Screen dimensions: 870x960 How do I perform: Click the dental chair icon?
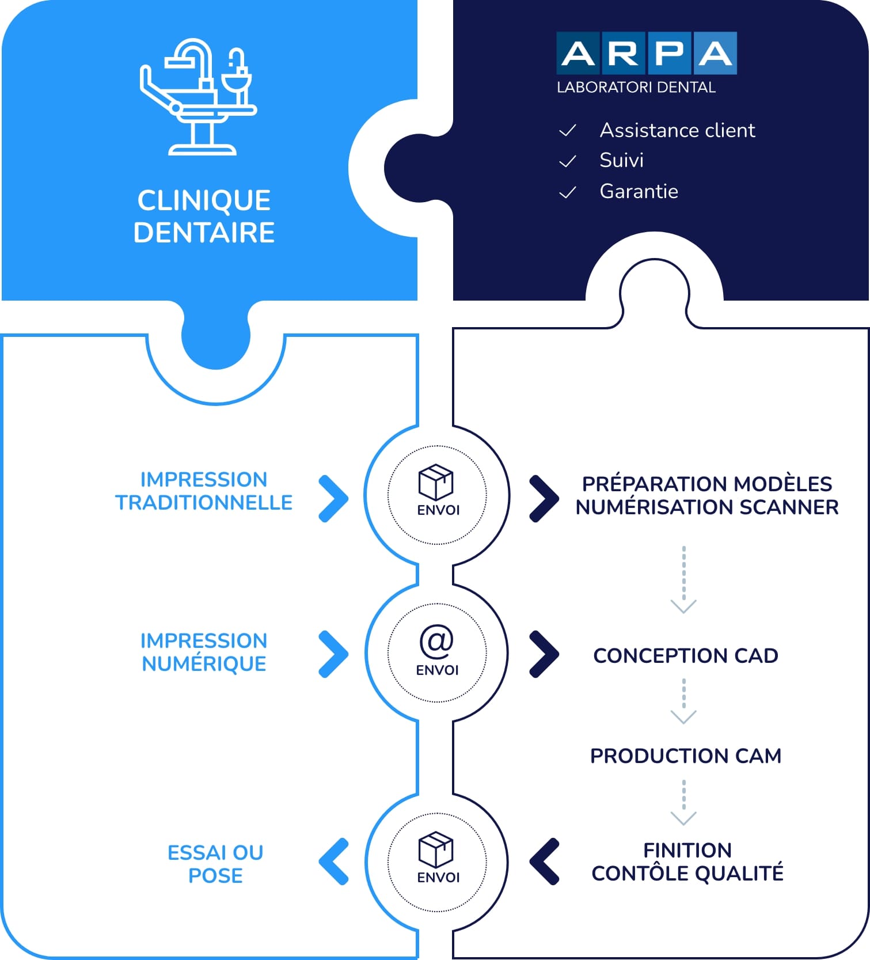tap(198, 97)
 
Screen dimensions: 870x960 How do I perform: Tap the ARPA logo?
tap(647, 53)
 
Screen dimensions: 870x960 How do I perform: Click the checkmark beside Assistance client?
tap(568, 131)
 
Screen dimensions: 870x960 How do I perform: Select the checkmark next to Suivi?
tap(568, 161)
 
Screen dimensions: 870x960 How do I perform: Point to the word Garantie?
tap(639, 191)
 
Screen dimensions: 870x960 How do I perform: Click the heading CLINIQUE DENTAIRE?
tap(204, 217)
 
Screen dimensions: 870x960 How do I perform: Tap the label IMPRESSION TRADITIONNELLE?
tap(204, 491)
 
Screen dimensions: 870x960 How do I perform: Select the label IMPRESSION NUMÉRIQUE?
tap(204, 652)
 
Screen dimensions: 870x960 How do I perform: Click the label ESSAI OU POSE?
tap(215, 864)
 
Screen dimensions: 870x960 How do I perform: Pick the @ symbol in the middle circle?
tap(436, 641)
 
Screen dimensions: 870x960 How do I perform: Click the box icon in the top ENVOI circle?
tap(436, 482)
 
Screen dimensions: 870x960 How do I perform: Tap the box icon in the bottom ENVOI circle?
tap(436, 849)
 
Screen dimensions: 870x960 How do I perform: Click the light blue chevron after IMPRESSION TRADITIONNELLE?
tap(335, 499)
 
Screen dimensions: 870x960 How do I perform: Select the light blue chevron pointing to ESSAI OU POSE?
tap(333, 862)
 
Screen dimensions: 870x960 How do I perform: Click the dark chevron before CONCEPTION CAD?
tap(545, 654)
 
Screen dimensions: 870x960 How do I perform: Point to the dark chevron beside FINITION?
tap(544, 862)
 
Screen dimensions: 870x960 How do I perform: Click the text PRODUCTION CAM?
tap(686, 756)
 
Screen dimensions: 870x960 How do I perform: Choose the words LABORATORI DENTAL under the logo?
tap(636, 88)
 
